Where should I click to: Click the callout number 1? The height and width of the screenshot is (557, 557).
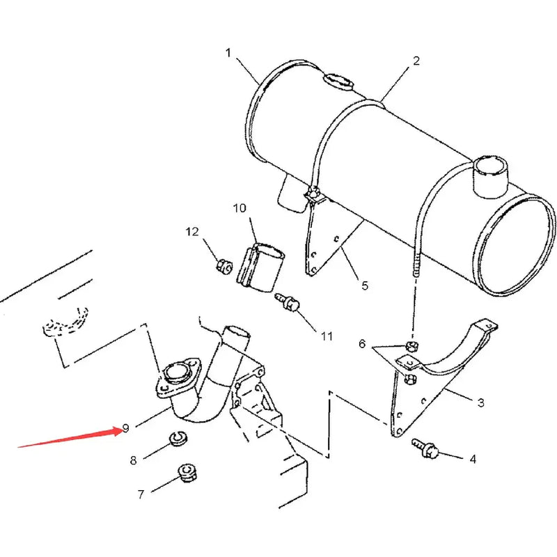[x=228, y=52]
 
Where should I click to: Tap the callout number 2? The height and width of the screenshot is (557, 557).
[x=416, y=61]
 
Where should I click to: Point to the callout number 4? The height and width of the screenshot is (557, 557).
[x=473, y=459]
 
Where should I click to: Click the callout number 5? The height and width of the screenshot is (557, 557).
[x=364, y=285]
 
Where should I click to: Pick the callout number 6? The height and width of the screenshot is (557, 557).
[x=362, y=344]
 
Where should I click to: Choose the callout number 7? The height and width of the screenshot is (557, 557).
[x=141, y=494]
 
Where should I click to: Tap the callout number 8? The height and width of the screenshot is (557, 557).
[x=133, y=460]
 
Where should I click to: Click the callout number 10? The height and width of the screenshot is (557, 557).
[x=240, y=208]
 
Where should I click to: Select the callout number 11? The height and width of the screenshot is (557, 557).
[x=327, y=336]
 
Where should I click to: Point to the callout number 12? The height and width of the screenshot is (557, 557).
[x=192, y=231]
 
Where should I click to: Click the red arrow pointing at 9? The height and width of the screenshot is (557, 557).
[x=70, y=438]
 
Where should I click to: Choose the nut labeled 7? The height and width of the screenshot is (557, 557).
[x=185, y=473]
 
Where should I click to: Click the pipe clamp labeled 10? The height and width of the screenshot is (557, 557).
[x=264, y=264]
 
